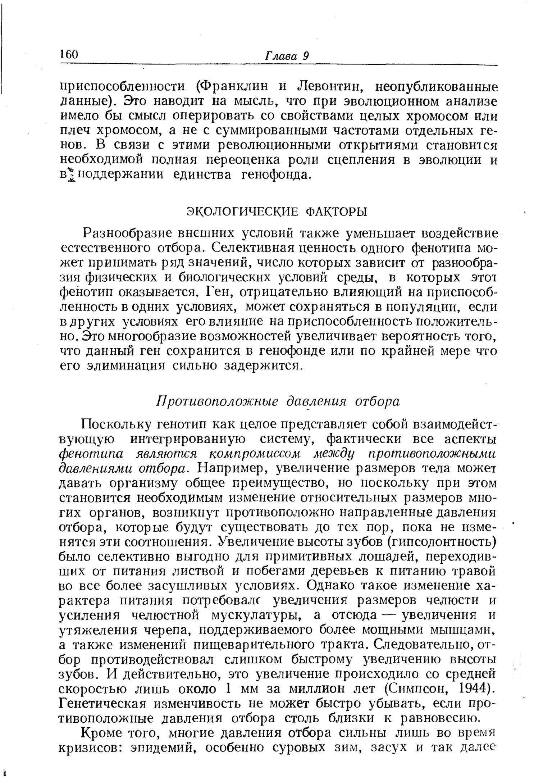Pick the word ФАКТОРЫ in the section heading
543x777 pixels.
click(x=336, y=212)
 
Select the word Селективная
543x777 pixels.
click(x=252, y=248)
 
